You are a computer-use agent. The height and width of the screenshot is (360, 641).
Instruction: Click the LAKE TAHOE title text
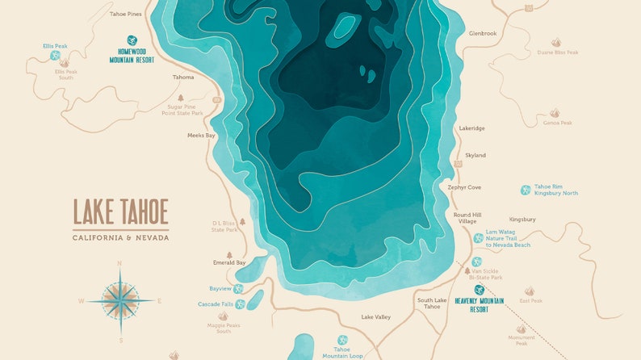(120, 211)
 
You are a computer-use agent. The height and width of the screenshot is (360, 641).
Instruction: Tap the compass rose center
(120, 300)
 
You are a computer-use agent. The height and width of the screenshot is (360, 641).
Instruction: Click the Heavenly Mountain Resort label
(479, 304)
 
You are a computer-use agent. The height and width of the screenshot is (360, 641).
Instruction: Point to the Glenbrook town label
(483, 33)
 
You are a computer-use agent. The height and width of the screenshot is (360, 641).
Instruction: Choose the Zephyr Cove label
(464, 187)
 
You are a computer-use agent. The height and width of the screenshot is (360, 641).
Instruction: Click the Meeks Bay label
(201, 136)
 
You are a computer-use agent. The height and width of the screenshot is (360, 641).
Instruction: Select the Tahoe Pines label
(125, 14)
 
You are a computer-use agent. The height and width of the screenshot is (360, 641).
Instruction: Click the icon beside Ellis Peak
(56, 56)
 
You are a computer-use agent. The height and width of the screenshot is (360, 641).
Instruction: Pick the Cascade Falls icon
(240, 304)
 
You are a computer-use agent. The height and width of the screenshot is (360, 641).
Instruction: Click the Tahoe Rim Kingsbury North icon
(526, 190)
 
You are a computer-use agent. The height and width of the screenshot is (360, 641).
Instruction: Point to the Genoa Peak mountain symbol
(555, 114)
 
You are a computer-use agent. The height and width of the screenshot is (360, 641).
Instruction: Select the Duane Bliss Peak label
(558, 52)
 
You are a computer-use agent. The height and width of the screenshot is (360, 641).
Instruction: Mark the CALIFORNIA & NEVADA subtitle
(120, 237)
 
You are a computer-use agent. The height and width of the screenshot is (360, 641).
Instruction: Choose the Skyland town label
(476, 154)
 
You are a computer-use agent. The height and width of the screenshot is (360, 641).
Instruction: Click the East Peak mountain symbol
(530, 291)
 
